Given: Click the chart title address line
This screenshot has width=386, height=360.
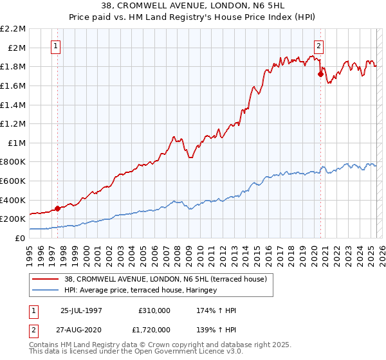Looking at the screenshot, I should (x=192, y=6).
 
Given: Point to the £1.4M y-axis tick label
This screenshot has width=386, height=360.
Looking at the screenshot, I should (x=14, y=105).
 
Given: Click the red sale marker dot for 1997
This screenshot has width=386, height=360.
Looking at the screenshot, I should (x=58, y=208).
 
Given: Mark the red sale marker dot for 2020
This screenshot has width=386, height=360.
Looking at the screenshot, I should (x=320, y=74).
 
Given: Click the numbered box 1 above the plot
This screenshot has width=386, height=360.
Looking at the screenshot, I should (x=57, y=46).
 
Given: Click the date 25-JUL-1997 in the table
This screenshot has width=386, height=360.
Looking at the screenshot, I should (x=81, y=310).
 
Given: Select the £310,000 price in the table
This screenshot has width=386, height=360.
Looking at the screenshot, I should (x=154, y=310).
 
